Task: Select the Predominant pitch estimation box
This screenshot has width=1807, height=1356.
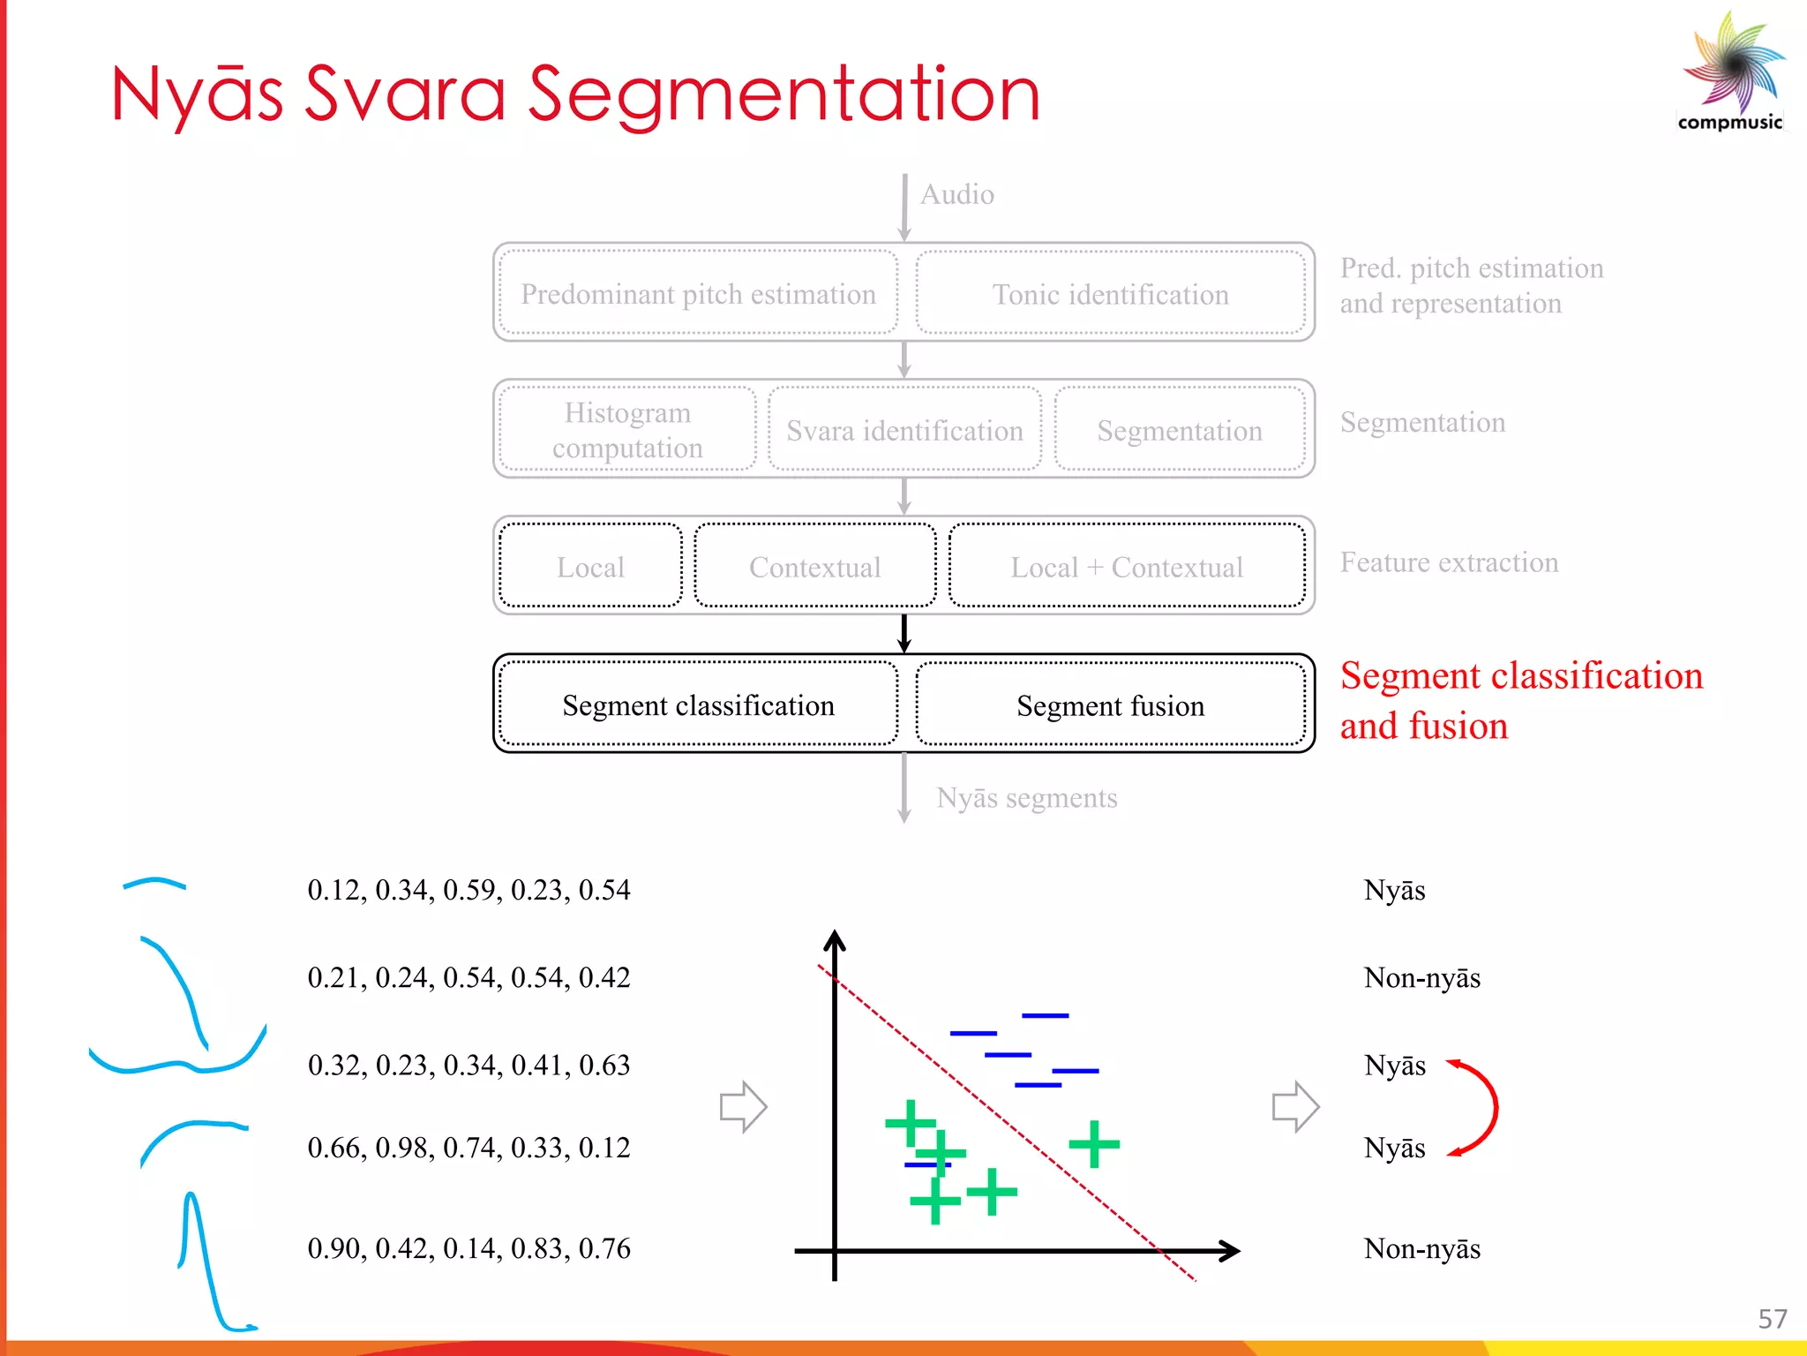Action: tap(698, 294)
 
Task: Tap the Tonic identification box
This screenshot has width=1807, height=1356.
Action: tap(1110, 294)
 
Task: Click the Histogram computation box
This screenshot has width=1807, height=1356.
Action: tap(627, 430)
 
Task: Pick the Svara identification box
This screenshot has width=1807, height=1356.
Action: tap(904, 430)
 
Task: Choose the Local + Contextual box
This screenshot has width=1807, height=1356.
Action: tap(1127, 567)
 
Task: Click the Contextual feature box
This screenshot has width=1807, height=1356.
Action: tap(814, 567)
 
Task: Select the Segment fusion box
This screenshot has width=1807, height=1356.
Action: tap(1110, 705)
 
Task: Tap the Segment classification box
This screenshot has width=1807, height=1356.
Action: tap(698, 705)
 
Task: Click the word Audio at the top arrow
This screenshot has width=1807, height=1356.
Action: tap(957, 194)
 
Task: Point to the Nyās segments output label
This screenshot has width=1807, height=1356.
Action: tap(1026, 798)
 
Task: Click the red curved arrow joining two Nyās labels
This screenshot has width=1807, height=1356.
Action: tap(1482, 1107)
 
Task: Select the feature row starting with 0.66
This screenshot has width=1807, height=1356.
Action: tap(469, 1148)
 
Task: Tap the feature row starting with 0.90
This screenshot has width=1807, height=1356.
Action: tap(469, 1248)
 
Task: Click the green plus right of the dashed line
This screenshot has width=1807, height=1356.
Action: tap(1094, 1144)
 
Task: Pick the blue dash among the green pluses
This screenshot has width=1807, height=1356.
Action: tap(926, 1165)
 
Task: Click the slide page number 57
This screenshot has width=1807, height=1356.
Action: tap(1772, 1319)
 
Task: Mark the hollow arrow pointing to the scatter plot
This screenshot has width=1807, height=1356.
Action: tap(743, 1106)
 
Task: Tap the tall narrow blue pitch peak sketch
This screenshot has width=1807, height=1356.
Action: tap(203, 1262)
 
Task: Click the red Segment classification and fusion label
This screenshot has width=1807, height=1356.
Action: tap(1519, 700)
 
